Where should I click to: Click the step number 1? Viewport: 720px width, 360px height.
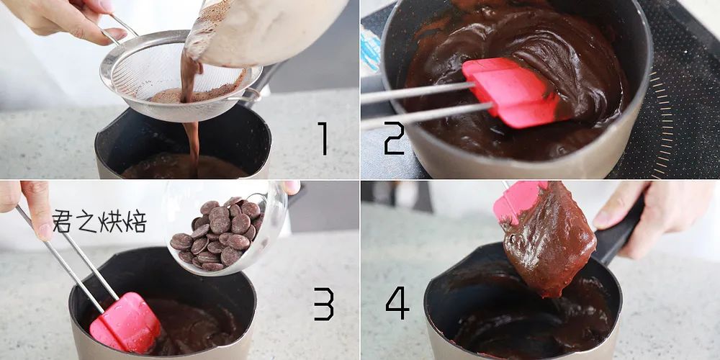click(323, 138)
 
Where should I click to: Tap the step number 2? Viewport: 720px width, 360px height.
click(394, 138)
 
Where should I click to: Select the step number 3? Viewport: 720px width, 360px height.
click(324, 304)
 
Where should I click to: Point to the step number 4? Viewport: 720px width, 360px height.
click(397, 303)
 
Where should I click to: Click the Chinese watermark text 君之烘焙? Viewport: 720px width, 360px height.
click(99, 221)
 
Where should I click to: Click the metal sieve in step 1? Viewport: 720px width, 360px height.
click(180, 76)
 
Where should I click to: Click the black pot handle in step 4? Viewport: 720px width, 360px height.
click(616, 234)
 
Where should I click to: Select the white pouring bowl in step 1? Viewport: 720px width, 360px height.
click(266, 30)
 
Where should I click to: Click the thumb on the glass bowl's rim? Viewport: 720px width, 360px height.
click(290, 187)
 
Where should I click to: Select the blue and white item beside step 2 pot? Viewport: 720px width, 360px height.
click(370, 50)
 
